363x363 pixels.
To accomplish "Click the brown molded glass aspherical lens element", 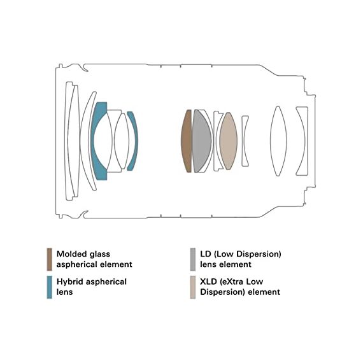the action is [x=186, y=141].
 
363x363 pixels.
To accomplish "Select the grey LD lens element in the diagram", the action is [x=201, y=141].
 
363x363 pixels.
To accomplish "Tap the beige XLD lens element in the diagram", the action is [x=228, y=141].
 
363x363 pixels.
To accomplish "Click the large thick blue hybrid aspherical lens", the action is [x=97, y=141].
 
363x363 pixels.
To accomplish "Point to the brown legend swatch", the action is [x=49, y=259].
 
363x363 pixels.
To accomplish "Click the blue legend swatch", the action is [x=49, y=287].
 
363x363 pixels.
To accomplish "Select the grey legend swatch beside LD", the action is [x=192, y=259].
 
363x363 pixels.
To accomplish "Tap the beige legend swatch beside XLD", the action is [x=192, y=287].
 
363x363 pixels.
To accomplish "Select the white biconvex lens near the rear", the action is [x=278, y=141].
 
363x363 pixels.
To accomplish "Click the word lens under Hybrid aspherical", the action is [x=64, y=292].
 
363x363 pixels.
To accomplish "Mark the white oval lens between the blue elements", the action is [x=122, y=141].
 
